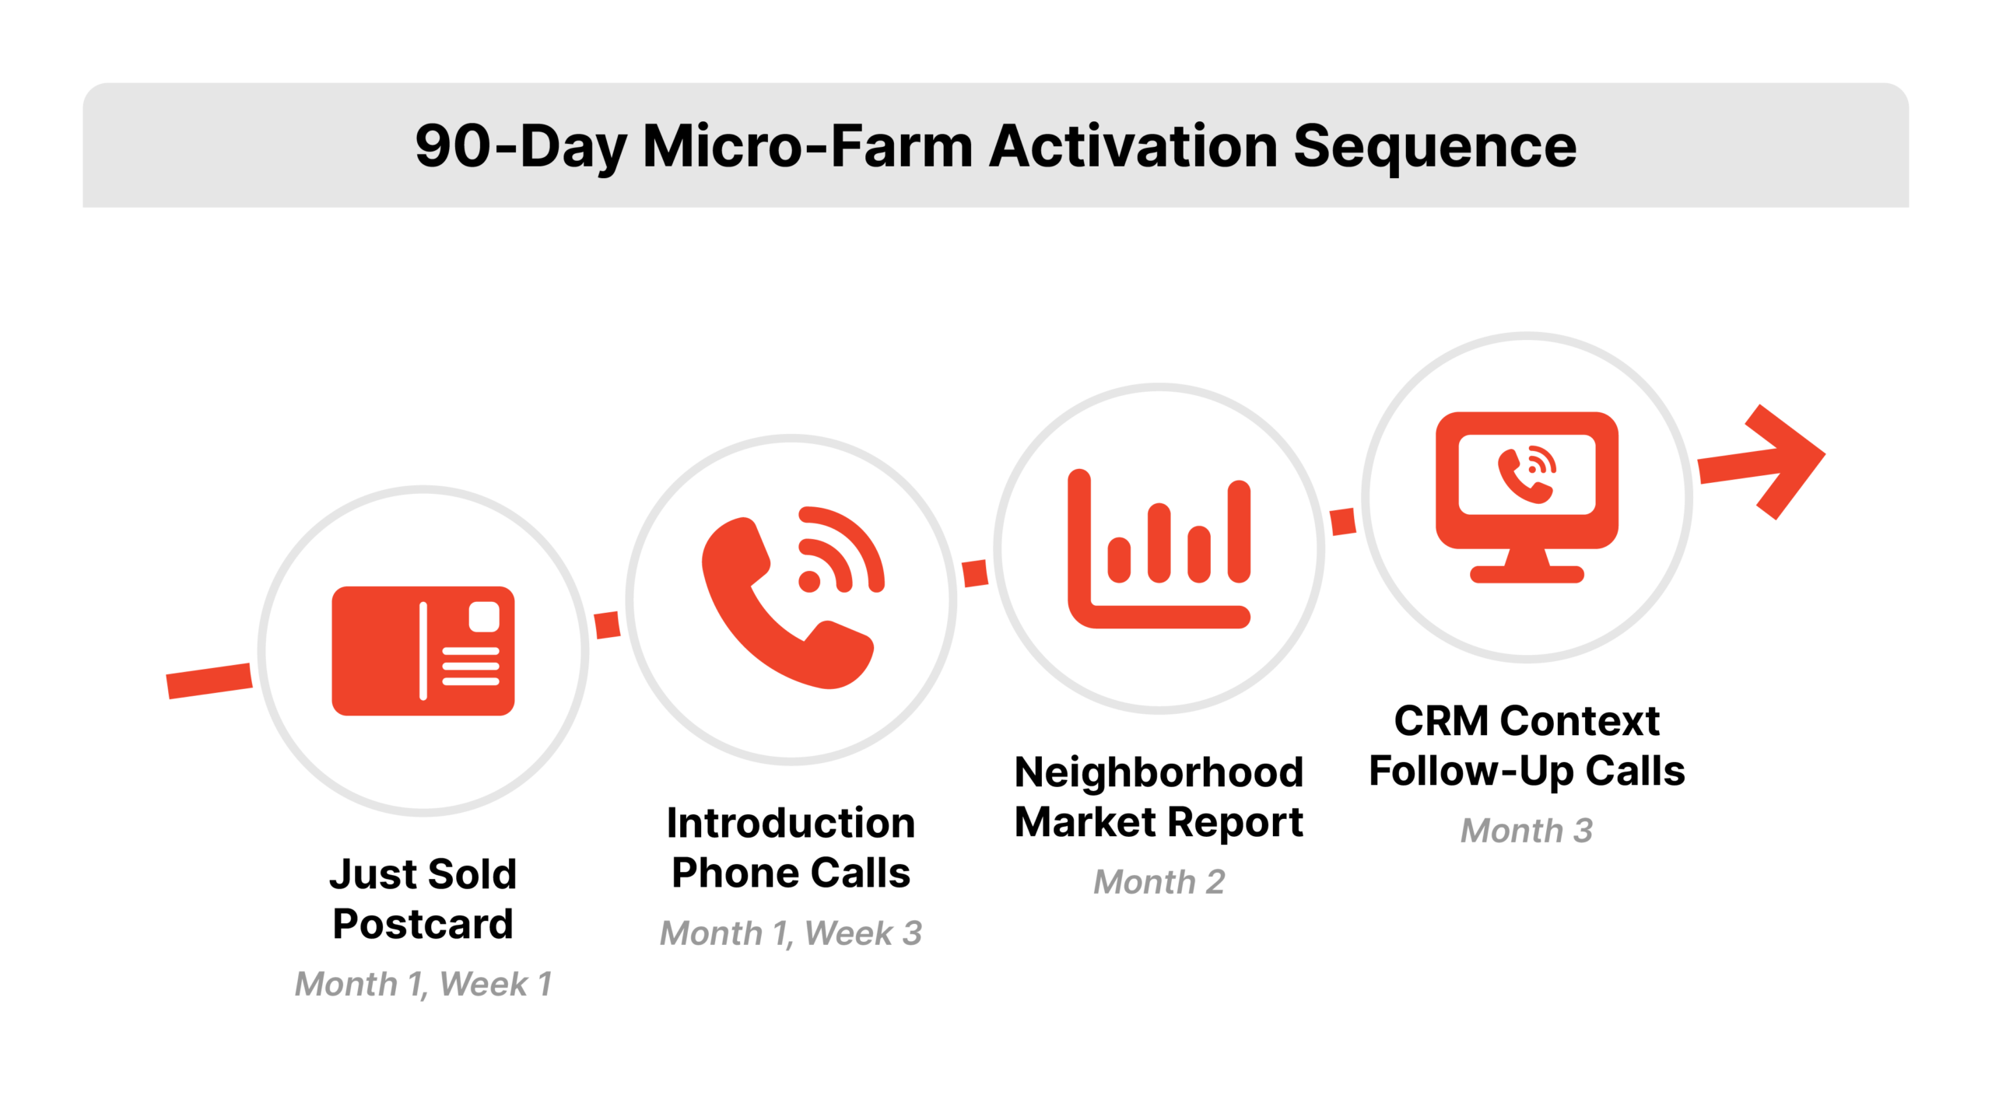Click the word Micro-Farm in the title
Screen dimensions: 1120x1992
808,146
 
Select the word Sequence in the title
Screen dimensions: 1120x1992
1434,146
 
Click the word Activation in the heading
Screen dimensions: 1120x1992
1133,146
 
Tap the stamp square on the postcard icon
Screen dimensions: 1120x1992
484,617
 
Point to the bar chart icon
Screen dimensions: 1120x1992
1159,548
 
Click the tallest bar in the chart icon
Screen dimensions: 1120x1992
1239,531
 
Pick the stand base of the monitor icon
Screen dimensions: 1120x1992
1527,575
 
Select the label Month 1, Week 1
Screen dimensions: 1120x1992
423,984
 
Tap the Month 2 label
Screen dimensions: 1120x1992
1159,881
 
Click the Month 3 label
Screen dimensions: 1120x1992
1526,831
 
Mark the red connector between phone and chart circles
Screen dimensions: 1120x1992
975,573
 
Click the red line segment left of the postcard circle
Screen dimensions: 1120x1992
209,681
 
